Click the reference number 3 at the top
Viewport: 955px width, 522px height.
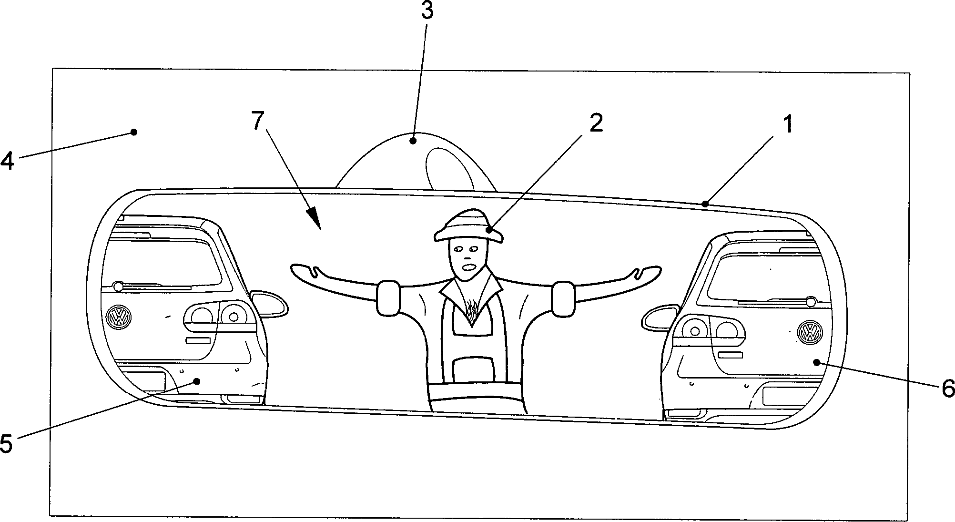pos(427,10)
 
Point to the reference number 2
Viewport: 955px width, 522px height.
pos(596,123)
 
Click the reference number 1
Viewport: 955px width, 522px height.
pos(788,124)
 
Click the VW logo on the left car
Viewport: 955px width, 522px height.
pos(119,317)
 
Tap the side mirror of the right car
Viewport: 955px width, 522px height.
pos(660,317)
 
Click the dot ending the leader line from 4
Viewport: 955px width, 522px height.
pos(134,132)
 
